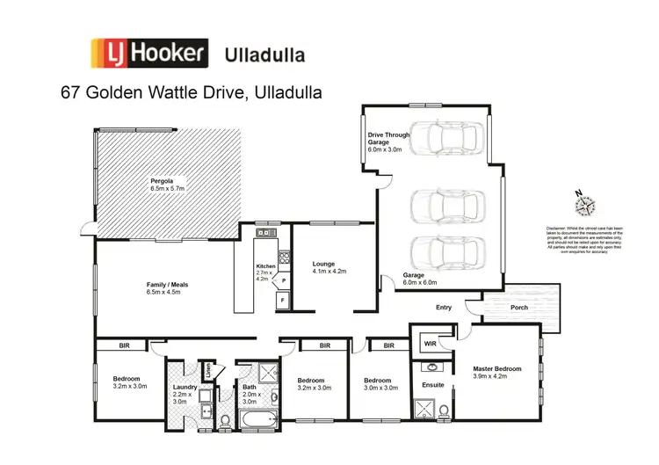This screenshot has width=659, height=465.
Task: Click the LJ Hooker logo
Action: [147, 54]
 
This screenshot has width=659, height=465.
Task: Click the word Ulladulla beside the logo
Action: [265, 54]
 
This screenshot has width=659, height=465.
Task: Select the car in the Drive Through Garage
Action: [448, 136]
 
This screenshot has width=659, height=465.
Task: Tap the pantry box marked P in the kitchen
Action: [284, 280]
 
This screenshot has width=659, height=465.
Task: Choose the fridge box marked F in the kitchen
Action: [281, 300]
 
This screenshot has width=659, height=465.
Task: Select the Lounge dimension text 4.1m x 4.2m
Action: [329, 272]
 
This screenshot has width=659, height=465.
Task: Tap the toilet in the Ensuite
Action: [445, 411]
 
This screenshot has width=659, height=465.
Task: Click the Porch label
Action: [519, 307]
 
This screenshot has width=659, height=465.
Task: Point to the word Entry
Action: [444, 307]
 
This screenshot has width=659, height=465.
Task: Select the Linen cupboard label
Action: [206, 372]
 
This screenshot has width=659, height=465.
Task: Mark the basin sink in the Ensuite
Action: [431, 367]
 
